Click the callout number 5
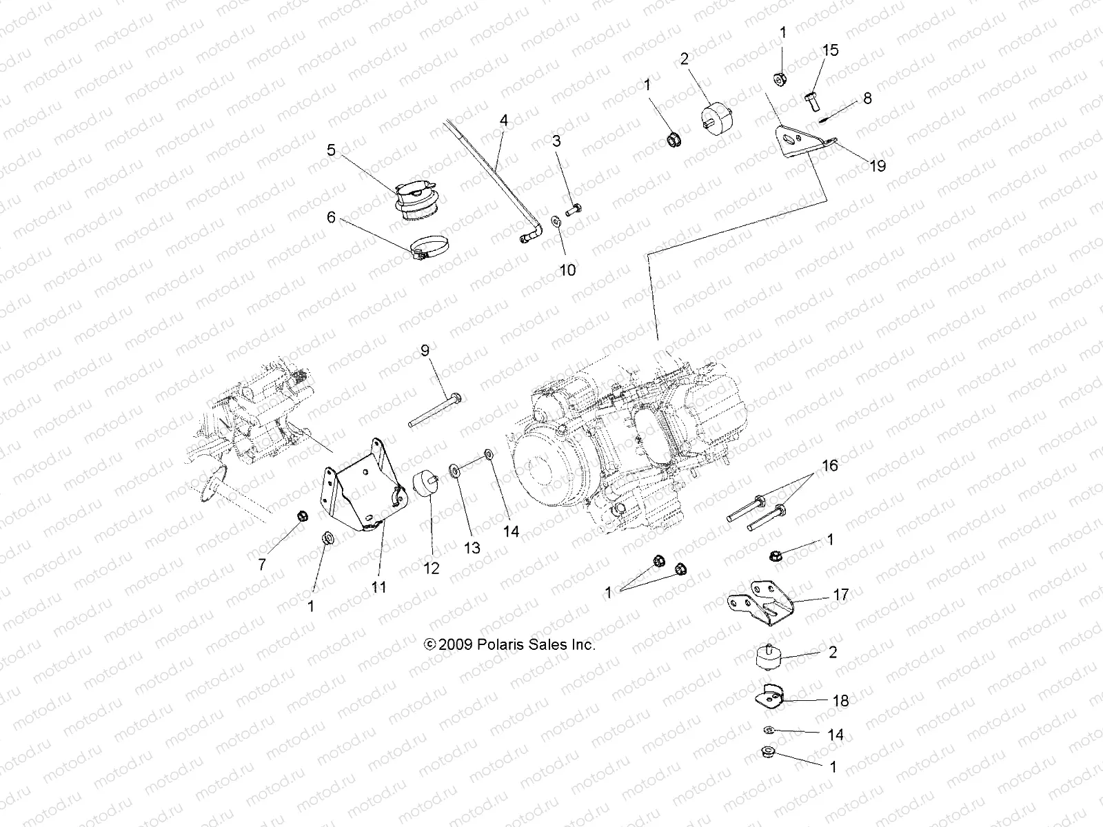point(332,150)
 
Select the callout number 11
point(378,587)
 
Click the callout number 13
point(472,548)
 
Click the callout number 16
point(830,466)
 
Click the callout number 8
point(867,99)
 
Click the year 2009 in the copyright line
point(455,645)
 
